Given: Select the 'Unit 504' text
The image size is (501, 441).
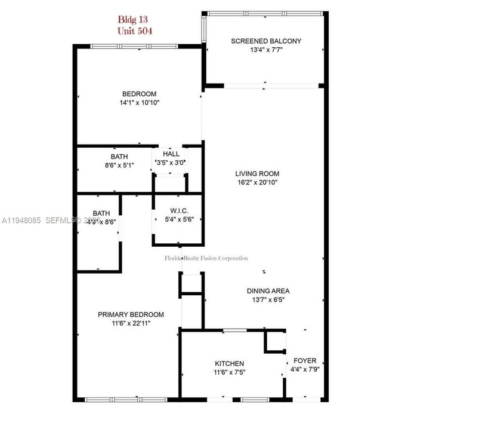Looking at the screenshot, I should pyautogui.click(x=134, y=30).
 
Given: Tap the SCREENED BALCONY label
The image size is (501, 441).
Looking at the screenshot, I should pyautogui.click(x=266, y=41).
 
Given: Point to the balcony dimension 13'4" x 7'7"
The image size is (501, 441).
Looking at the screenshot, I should pyautogui.click(x=266, y=51).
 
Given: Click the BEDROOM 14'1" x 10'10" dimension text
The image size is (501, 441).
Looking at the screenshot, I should pyautogui.click(x=139, y=103).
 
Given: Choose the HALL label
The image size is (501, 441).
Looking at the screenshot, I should pyautogui.click(x=171, y=154).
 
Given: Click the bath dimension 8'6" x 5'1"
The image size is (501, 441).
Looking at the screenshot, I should pyautogui.click(x=119, y=166).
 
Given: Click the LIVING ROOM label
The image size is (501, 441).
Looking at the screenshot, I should pyautogui.click(x=257, y=174).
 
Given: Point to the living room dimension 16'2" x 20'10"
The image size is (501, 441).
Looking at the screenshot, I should pyautogui.click(x=257, y=183).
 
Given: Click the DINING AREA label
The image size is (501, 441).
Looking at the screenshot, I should pyautogui.click(x=268, y=291).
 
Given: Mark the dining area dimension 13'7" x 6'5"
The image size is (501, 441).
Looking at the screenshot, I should pyautogui.click(x=268, y=300).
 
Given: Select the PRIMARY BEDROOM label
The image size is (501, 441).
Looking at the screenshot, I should pyautogui.click(x=131, y=314).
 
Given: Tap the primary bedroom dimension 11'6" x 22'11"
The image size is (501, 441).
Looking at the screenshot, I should pyautogui.click(x=131, y=323).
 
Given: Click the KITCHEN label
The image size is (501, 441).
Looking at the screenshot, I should pyautogui.click(x=230, y=363).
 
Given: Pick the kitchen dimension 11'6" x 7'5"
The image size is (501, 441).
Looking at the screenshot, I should pyautogui.click(x=230, y=372).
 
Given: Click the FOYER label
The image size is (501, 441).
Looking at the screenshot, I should pyautogui.click(x=305, y=361).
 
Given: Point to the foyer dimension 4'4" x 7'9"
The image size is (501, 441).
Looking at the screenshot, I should pyautogui.click(x=305, y=369).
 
